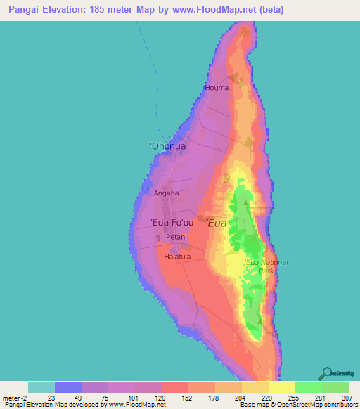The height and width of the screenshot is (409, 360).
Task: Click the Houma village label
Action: [x=217, y=88]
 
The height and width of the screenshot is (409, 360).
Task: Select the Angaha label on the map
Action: [x=166, y=193]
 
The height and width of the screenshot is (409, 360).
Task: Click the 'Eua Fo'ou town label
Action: [x=172, y=223]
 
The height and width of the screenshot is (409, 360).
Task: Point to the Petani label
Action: [x=176, y=238]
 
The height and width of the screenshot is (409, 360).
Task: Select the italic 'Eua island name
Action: [x=217, y=223]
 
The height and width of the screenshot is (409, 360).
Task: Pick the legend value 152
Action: [x=188, y=397]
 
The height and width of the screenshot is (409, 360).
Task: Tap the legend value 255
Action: [x=295, y=397]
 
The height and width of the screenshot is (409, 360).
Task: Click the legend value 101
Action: [x=134, y=397]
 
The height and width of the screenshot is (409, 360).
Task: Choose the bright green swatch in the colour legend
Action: [x=308, y=387]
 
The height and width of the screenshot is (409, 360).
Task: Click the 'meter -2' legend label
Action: [x=14, y=397]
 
